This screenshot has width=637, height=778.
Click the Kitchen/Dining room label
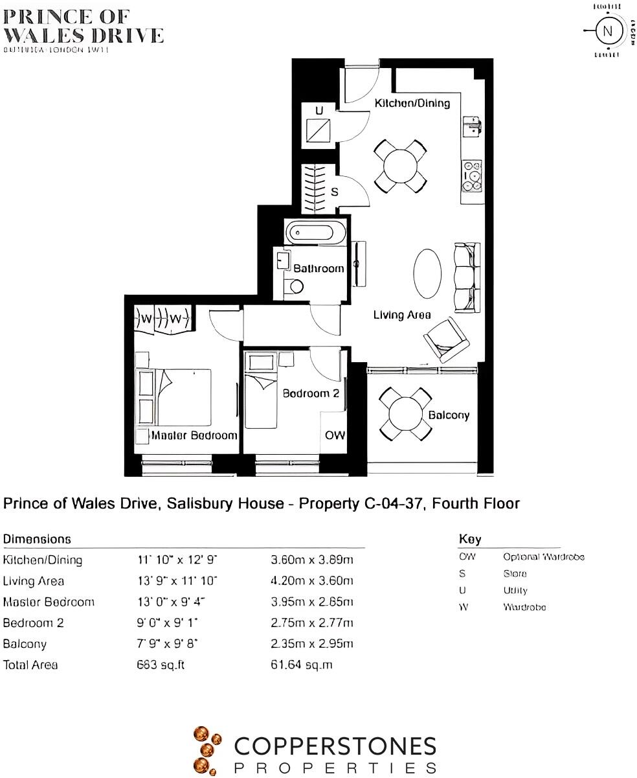pos(412,103)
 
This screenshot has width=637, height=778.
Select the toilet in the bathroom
pos(293,286)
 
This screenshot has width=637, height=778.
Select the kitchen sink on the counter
pos(472,126)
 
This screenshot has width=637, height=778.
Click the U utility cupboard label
pos(318,111)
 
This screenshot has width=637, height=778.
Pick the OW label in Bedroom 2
pos(335,435)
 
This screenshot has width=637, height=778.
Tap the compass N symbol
pos(607,31)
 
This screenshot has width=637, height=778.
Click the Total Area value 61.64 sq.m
pos(301,665)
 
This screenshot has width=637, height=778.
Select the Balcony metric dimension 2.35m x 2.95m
pos(311,644)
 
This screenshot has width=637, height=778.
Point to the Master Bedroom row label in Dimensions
pos(49,602)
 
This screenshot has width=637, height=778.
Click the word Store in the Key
pos(515,573)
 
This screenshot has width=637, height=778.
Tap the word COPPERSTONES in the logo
pos(335,747)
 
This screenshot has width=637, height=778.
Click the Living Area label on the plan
pos(402,315)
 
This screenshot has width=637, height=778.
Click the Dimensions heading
pos(37,539)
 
